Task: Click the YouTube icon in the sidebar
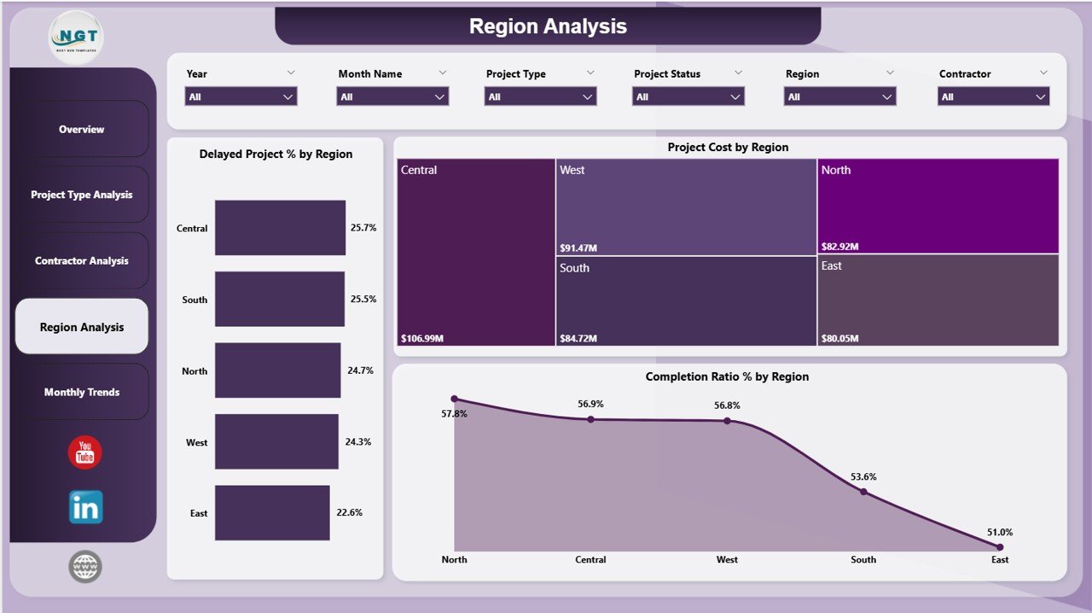[84, 452]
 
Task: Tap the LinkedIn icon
[85, 507]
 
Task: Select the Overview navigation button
[82, 130]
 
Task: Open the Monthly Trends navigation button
[82, 392]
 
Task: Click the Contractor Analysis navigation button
[82, 260]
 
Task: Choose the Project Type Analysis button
[82, 195]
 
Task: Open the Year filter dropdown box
[241, 97]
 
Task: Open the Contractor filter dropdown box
[994, 97]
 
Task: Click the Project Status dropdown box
[688, 97]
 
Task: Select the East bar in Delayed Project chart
[272, 513]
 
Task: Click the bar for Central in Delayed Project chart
[280, 228]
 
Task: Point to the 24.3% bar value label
[358, 442]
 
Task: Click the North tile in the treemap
[938, 205]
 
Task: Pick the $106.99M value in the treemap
[422, 338]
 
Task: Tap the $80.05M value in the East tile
[840, 338]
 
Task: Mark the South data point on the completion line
[863, 492]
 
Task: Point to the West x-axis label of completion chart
[727, 560]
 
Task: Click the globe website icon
[85, 566]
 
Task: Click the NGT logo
[78, 38]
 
